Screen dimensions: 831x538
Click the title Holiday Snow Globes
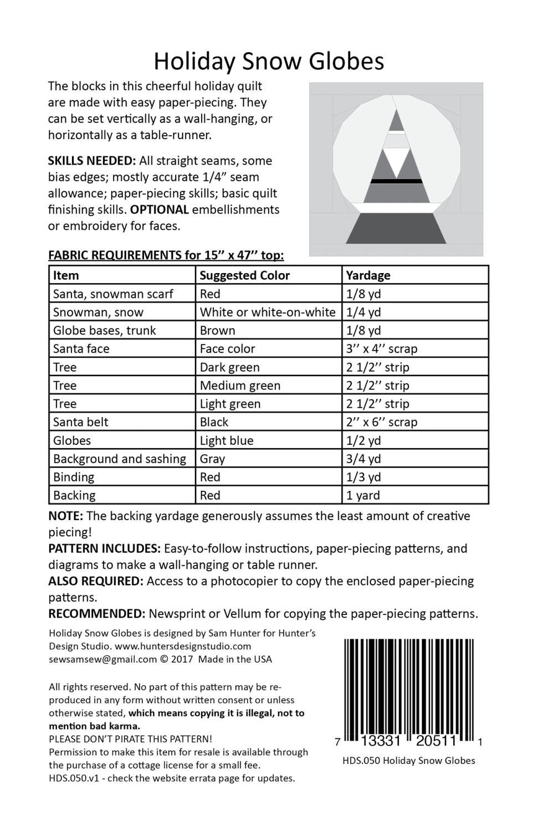(x=269, y=61)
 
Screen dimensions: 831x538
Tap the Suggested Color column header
(x=244, y=275)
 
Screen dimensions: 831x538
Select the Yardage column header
(x=368, y=275)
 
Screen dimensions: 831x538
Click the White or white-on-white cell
(x=268, y=312)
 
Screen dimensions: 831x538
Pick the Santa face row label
(x=81, y=348)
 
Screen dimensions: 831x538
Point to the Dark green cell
(x=229, y=367)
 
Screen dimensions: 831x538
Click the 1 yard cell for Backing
(x=363, y=495)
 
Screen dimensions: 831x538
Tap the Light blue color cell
(x=227, y=440)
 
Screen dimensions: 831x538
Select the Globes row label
(x=72, y=440)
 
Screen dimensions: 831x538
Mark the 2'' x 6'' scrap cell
(x=381, y=422)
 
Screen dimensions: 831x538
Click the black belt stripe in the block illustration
(x=396, y=181)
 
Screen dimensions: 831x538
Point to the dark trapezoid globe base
(x=396, y=229)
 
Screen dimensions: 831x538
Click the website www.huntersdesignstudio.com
(x=183, y=646)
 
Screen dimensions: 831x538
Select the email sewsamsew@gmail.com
(x=103, y=659)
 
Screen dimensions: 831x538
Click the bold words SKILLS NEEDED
(x=91, y=161)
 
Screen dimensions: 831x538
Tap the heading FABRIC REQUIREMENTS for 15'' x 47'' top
(x=166, y=255)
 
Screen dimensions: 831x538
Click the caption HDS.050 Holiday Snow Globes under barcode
(x=408, y=761)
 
